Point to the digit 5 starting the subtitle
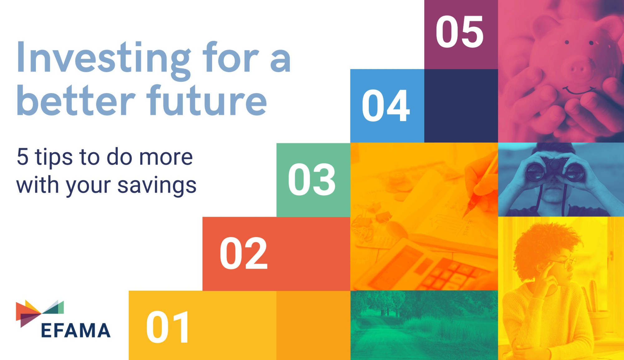22,157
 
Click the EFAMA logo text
76,330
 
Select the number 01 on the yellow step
168,327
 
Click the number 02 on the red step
244,253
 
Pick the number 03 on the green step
312,180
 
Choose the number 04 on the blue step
386,106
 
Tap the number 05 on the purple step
460,32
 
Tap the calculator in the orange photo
437,267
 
